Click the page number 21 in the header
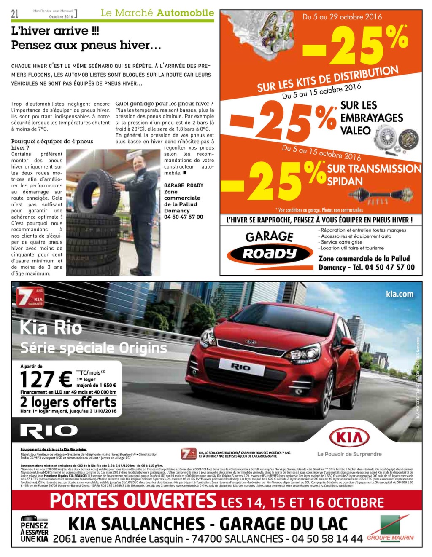pos(15,14)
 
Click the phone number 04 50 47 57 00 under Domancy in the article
pos(184,217)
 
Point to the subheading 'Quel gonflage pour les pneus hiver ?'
pos(164,104)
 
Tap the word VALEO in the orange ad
pos(355,131)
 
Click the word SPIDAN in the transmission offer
pos(345,182)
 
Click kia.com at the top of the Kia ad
pos(400,294)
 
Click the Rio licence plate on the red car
pos(240,367)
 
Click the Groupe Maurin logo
pos(391,528)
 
